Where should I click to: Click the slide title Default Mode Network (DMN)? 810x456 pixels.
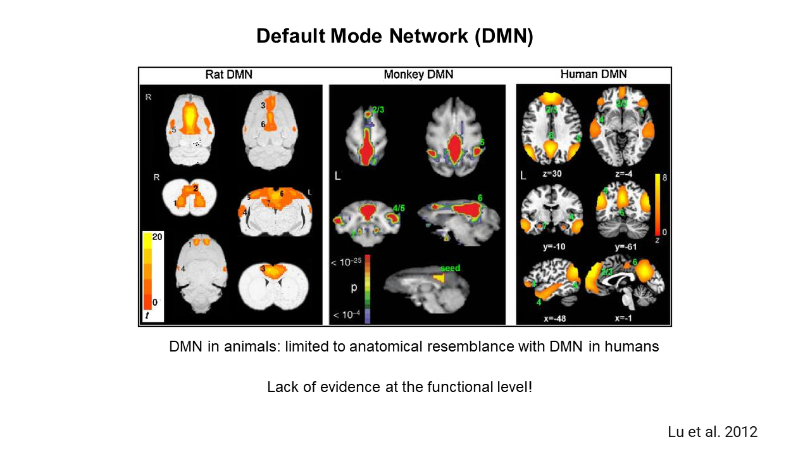(395, 36)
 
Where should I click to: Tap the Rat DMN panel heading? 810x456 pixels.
(228, 75)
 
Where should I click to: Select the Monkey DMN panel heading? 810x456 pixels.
(418, 75)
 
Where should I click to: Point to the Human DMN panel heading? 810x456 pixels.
(594, 74)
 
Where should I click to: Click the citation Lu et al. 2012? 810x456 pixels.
(713, 432)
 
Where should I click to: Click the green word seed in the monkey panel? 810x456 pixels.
(449, 268)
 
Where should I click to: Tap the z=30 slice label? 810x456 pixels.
(549, 172)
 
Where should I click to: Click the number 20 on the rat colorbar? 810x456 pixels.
(156, 237)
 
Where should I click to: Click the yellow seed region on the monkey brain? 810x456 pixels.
(439, 277)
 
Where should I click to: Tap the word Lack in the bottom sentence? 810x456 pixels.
(280, 386)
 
